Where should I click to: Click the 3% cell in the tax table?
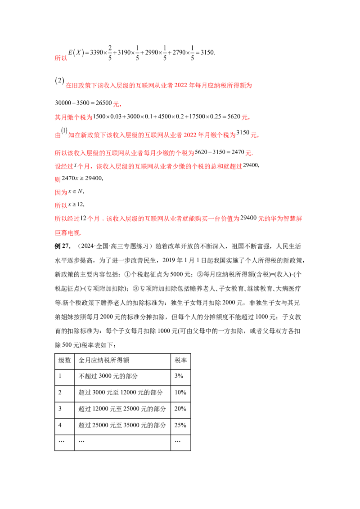(179, 376)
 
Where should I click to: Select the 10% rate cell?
(180, 392)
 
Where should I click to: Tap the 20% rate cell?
(180, 408)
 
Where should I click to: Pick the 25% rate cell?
(180, 425)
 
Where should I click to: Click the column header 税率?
(180, 360)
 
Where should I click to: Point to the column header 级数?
(65, 360)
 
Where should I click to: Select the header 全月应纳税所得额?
(104, 360)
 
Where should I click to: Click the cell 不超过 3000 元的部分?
(108, 376)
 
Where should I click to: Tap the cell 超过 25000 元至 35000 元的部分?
(122, 425)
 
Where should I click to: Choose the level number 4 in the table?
(60, 425)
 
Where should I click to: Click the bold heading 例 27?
(63, 246)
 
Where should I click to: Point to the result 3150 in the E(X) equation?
(207, 52)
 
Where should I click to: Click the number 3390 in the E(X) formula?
(96, 52)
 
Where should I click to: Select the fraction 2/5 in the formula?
(110, 53)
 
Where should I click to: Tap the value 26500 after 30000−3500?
(103, 103)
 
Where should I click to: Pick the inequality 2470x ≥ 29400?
(82, 178)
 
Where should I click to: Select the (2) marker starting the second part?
(59, 81)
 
